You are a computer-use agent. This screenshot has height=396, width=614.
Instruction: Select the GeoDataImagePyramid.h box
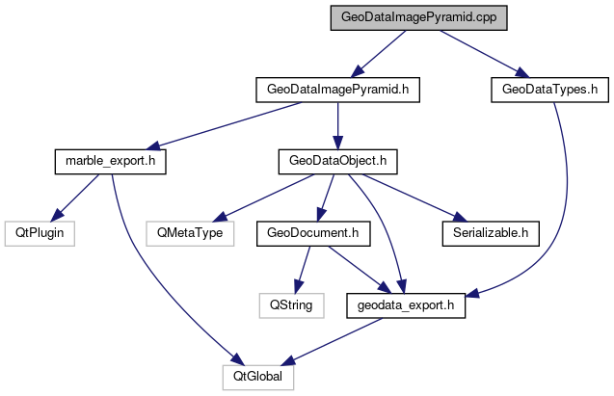338,90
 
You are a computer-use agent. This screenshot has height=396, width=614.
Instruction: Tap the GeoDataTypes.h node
545,90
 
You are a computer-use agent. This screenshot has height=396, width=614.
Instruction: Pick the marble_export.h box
109,161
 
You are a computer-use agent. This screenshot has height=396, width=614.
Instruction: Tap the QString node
291,304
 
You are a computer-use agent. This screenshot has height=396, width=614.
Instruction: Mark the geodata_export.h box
407,304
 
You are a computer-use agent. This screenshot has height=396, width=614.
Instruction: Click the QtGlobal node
256,376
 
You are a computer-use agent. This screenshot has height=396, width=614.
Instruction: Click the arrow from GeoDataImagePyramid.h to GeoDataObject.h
338,125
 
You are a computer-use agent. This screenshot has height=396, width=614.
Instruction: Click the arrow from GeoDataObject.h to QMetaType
260,197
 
